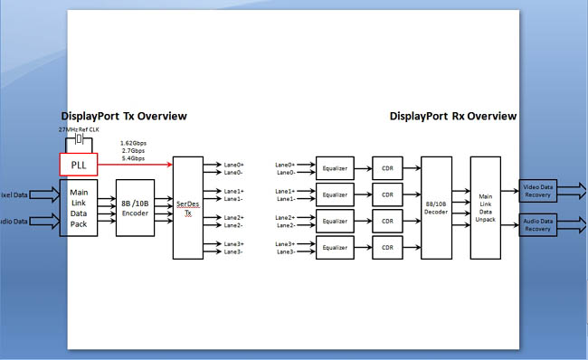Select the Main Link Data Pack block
78,207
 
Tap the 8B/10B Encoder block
135,208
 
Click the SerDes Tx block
187,208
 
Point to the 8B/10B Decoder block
436,209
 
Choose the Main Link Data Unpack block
485,209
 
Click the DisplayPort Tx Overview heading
124,116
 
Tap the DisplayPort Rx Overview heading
453,116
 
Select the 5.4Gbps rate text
133,158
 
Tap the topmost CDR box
387,168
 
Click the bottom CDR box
387,247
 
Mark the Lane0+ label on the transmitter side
233,165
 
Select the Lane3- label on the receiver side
285,251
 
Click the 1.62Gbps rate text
135,143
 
